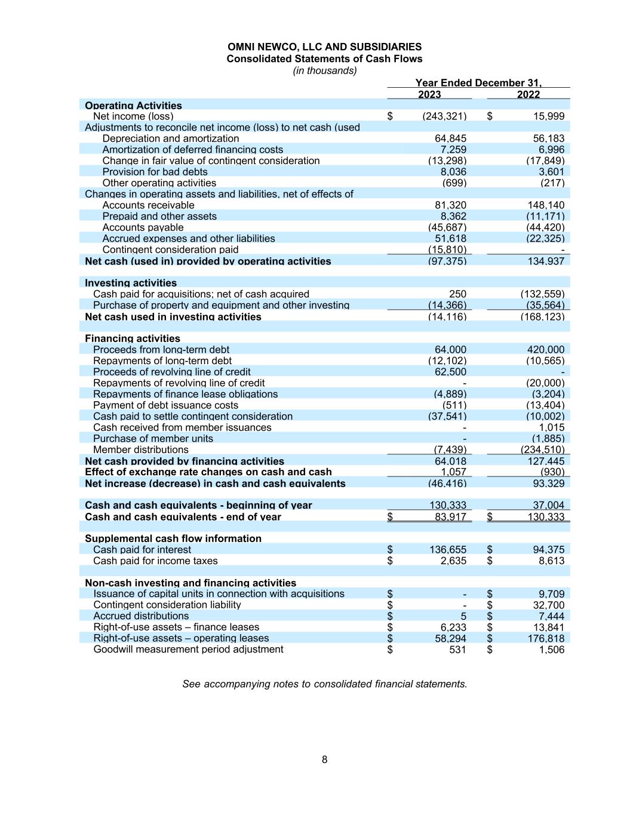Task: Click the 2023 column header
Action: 429,94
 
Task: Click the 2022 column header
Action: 528,94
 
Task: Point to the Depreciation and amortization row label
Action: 170,139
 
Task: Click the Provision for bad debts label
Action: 146,172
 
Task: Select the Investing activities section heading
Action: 131,283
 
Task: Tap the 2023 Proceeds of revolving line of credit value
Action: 451,372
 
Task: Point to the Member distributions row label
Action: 140,450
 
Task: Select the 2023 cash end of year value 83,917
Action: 450,517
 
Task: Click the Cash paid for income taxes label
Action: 155,561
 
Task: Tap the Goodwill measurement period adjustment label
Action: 188,650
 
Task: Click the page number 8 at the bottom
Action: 324,760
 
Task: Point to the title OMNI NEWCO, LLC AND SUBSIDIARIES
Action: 324,47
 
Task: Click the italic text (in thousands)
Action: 324,71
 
